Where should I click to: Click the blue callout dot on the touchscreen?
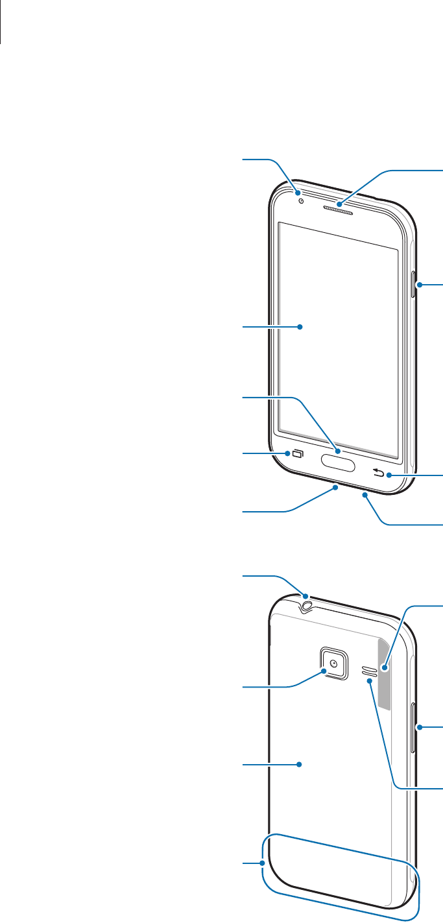pos(301,328)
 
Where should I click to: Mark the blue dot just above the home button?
pos(337,449)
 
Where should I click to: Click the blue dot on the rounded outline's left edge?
pos(263,863)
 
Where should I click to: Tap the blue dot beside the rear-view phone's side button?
pos(420,728)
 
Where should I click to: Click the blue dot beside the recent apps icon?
pos(287,453)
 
